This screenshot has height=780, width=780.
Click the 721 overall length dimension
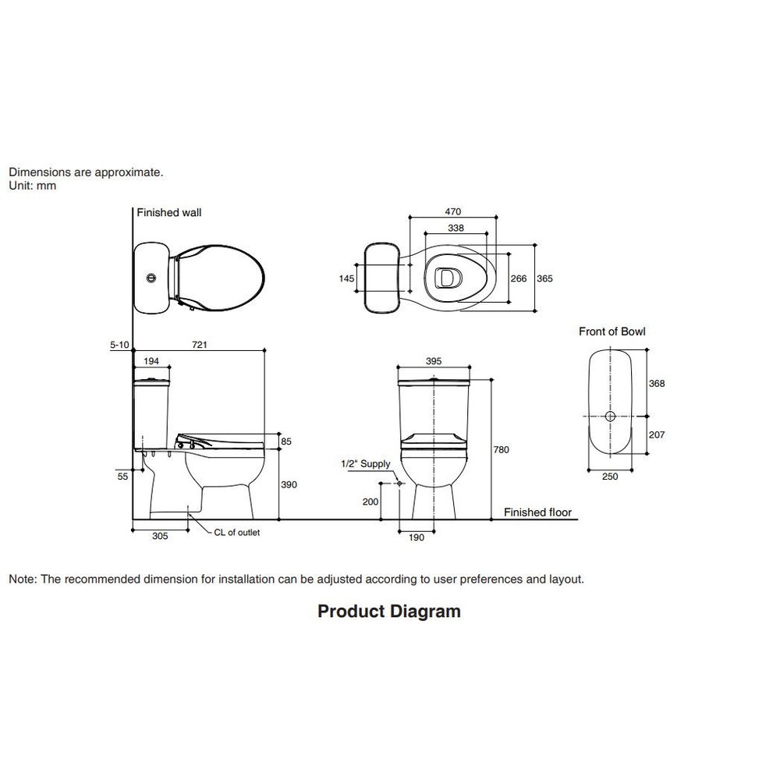[200, 345]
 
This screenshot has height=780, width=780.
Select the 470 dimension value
[452, 212]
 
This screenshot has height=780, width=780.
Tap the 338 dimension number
[456, 229]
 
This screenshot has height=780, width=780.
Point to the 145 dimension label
[347, 278]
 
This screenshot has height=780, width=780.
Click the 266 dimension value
[519, 278]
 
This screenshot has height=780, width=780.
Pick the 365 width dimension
[544, 278]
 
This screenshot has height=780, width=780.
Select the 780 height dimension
[501, 450]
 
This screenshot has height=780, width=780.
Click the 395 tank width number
[433, 361]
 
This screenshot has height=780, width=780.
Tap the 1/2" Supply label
[366, 464]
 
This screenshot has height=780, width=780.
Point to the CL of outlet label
[237, 532]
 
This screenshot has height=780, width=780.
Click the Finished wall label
[169, 212]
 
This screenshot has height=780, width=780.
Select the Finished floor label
[537, 512]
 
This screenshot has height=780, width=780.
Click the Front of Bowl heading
[612, 331]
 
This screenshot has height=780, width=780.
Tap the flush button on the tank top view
[151, 278]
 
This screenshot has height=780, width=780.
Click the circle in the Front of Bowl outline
[611, 417]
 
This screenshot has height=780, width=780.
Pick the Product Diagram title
[389, 612]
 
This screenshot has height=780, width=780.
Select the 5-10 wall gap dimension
[119, 345]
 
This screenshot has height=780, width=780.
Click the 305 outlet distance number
[160, 537]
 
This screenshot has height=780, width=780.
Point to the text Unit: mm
[32, 186]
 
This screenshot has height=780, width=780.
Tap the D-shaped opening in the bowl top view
[448, 278]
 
